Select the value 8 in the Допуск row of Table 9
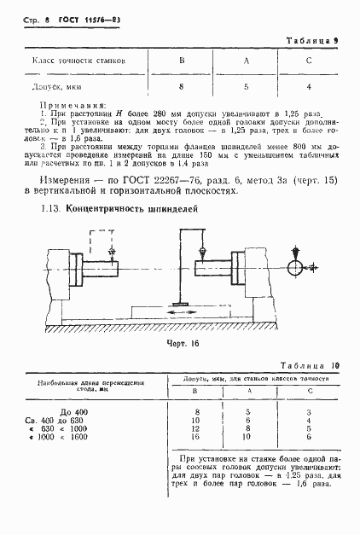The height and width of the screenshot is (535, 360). (x=181, y=86)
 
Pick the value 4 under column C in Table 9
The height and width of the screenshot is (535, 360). (x=309, y=86)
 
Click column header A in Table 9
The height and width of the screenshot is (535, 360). (x=246, y=61)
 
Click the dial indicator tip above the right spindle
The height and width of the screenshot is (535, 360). (x=202, y=253)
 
